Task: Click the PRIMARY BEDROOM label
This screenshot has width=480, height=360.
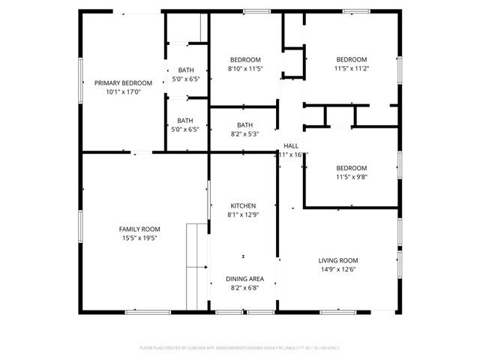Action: point(123,83)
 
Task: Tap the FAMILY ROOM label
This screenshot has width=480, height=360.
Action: point(139,229)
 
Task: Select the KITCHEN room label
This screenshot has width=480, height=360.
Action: point(244,205)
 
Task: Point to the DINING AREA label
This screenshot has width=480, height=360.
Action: point(244,278)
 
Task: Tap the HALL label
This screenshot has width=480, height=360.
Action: point(291,145)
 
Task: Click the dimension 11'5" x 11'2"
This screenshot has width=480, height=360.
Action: point(351,69)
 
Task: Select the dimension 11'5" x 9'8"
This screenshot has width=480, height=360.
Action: point(351,177)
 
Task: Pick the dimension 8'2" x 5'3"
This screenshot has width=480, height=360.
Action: point(245,134)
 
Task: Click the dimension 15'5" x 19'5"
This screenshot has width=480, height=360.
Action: point(139,238)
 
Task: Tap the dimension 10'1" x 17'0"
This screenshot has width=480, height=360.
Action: point(123,92)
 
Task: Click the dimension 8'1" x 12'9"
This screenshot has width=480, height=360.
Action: point(244,214)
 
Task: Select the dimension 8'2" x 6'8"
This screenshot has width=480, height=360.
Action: point(244,287)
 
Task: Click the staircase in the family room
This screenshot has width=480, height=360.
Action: point(196,265)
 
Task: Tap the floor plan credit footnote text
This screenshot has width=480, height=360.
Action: point(240,348)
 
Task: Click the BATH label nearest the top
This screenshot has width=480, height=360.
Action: point(185,70)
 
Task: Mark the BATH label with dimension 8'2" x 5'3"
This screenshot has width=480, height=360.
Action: point(245,125)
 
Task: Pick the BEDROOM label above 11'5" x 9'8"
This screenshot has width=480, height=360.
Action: point(351,168)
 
